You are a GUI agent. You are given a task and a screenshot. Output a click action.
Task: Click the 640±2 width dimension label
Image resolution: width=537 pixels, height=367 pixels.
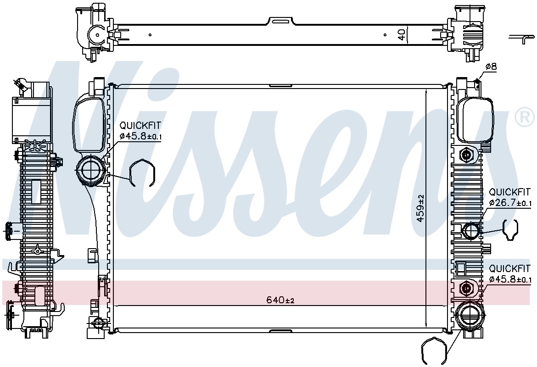(x=280, y=300)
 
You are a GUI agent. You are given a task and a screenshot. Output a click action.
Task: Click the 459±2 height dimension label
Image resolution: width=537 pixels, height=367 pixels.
(x=420, y=208)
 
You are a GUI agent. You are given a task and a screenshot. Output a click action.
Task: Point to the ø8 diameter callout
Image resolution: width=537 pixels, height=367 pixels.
(x=491, y=67)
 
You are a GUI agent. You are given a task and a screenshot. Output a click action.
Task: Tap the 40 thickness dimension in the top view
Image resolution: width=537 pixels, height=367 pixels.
(x=402, y=34)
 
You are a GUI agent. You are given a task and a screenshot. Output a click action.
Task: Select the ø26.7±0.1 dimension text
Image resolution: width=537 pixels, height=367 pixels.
(x=510, y=203)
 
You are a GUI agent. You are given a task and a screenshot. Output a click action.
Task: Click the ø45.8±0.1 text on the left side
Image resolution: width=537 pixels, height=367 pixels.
(x=140, y=136)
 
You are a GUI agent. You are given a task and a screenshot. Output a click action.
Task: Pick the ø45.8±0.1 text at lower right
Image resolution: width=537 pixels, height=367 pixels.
(x=510, y=279)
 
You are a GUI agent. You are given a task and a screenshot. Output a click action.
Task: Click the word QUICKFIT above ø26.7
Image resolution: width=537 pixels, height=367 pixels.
(x=509, y=192)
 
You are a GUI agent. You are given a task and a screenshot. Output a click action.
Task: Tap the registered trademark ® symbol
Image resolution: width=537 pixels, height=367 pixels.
(x=524, y=117)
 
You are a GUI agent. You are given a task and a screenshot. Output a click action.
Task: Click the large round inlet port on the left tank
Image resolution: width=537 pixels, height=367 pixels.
(x=89, y=169)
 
